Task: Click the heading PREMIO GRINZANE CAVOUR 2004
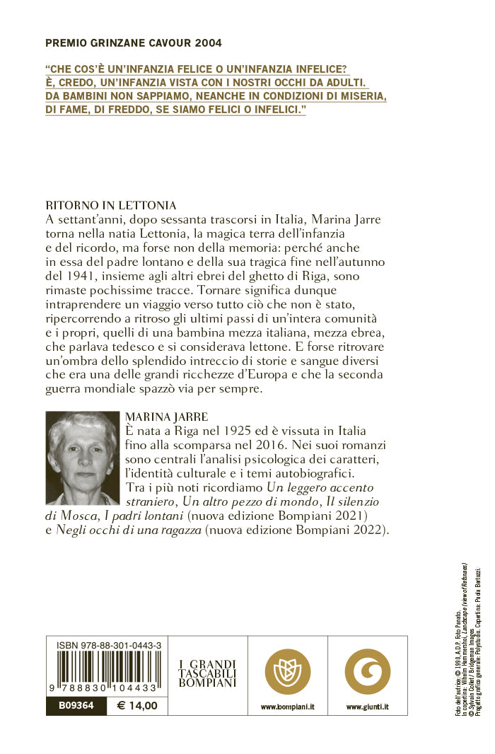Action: [x=134, y=43]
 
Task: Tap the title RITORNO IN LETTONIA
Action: [x=110, y=206]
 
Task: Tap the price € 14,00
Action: [x=138, y=705]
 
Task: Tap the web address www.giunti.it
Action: [x=368, y=706]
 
